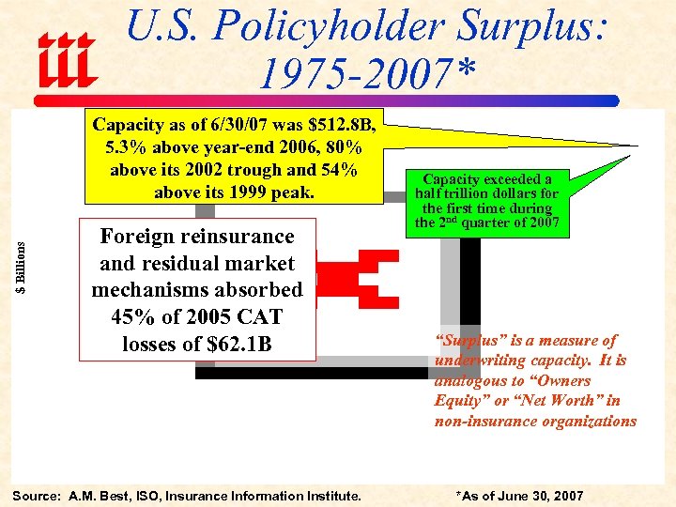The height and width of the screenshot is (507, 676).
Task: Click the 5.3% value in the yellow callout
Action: (128, 148)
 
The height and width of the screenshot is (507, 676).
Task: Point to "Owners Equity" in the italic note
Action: (526, 391)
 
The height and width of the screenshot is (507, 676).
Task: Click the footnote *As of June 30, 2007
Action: (519, 496)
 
